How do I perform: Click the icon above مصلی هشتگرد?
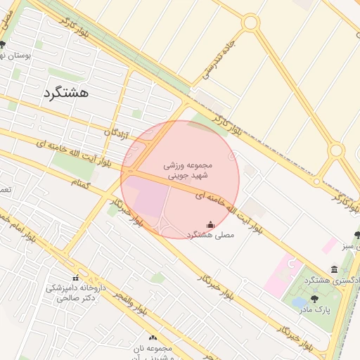(x=210, y=225)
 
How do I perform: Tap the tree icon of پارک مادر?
(x=314, y=299)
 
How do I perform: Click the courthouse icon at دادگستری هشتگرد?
(x=334, y=270)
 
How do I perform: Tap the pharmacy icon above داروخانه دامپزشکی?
(x=75, y=278)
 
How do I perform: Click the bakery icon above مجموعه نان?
(x=153, y=338)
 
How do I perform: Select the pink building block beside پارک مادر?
(x=282, y=276)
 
